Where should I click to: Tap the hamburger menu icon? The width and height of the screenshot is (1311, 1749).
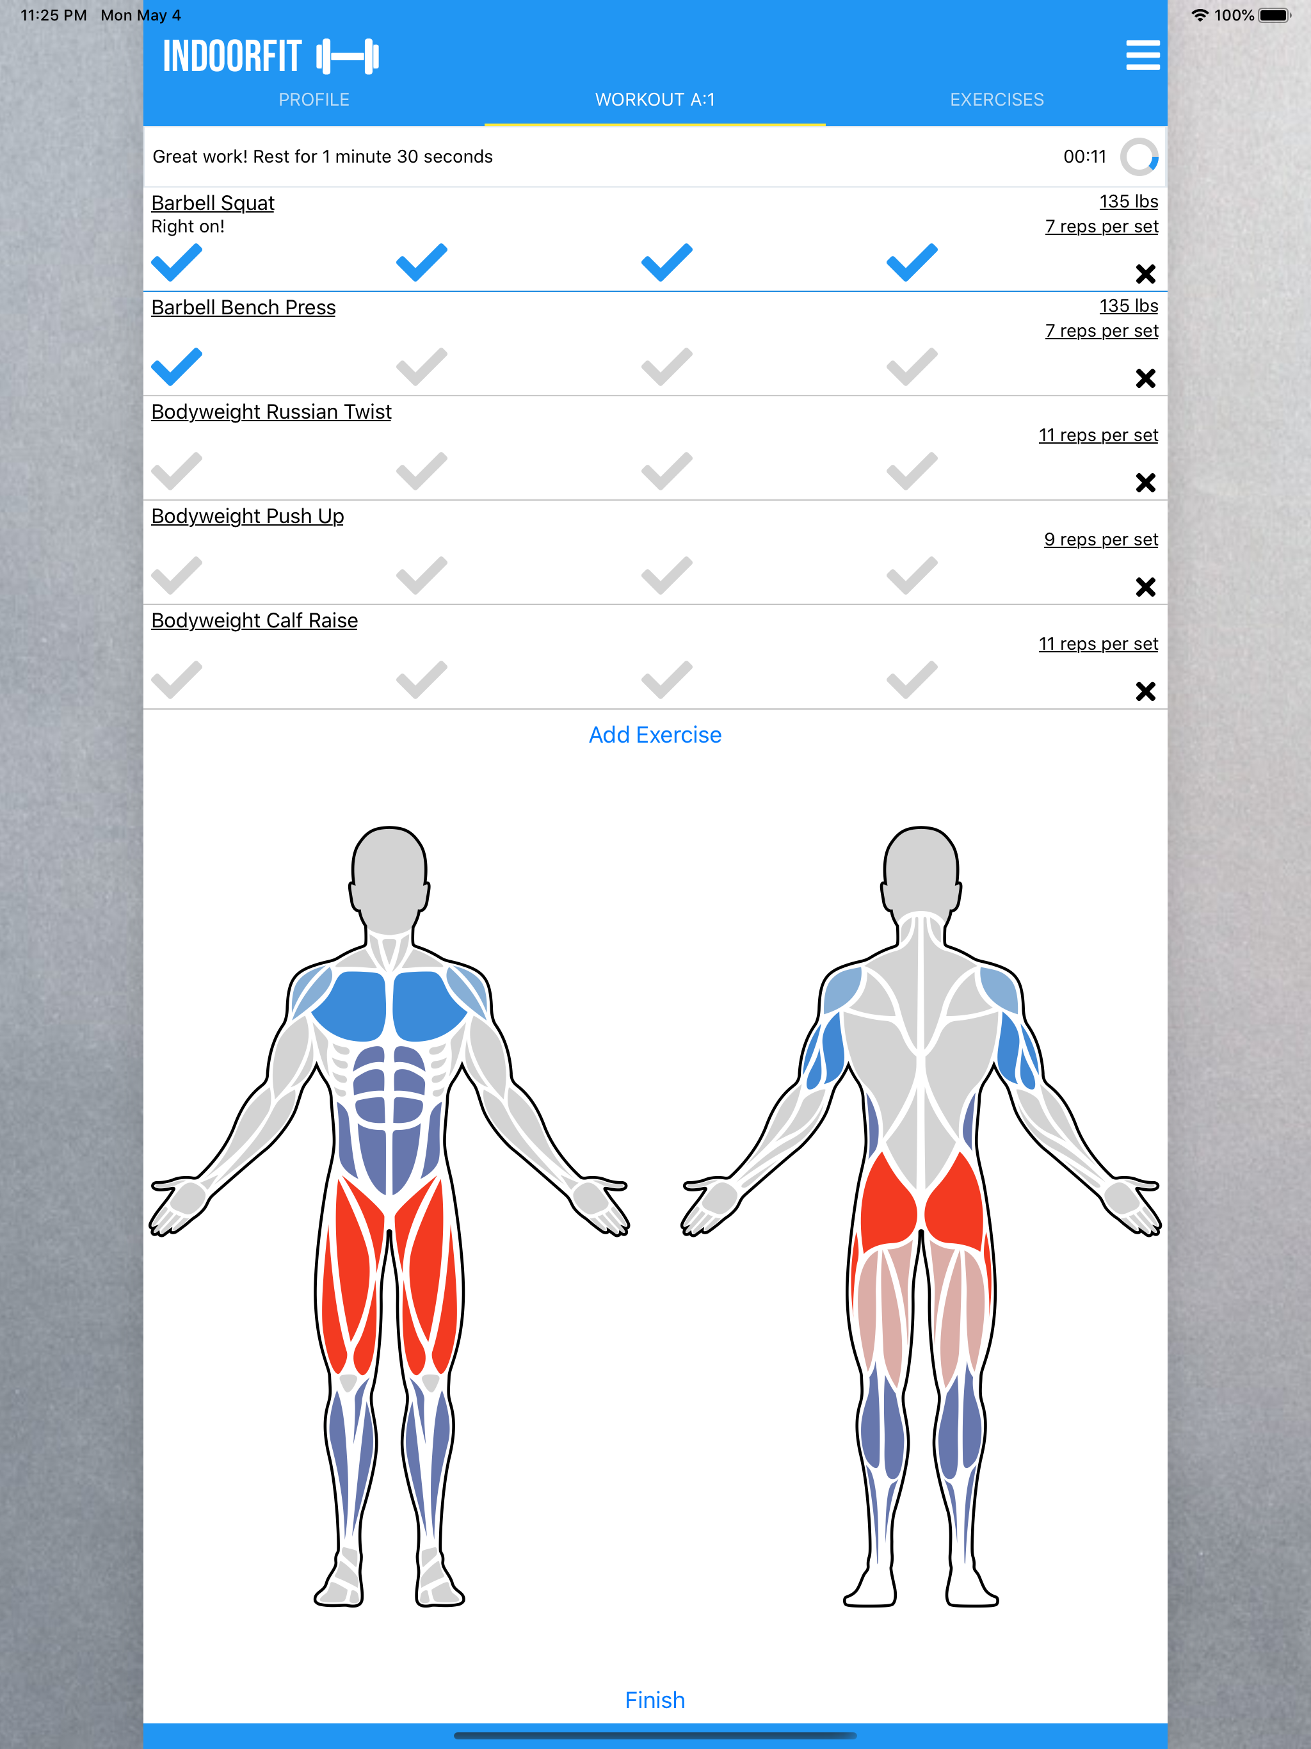coord(1143,55)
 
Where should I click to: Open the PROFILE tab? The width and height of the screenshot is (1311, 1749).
coord(314,100)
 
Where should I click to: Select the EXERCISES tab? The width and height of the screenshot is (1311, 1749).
coord(996,100)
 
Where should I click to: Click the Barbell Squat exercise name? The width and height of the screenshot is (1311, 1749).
coord(213,203)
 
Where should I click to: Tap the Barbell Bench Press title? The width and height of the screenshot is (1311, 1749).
coord(243,307)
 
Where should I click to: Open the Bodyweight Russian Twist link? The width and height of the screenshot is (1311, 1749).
coord(271,412)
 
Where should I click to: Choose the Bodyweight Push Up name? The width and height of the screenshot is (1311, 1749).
coord(248,517)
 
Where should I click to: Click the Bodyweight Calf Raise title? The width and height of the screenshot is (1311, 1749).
coord(255,621)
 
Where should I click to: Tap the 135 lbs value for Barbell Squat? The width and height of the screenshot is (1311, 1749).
coord(1129,202)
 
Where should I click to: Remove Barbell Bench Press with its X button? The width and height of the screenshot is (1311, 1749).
coord(1145,379)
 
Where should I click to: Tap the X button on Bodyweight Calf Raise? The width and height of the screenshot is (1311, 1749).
coord(1145,692)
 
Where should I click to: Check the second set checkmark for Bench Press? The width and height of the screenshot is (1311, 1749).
coord(421,367)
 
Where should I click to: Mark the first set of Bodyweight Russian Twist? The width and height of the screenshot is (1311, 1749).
coord(176,471)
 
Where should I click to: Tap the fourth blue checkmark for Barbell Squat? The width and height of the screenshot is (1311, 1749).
coord(912,262)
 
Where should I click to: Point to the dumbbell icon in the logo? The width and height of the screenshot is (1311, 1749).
coord(347,57)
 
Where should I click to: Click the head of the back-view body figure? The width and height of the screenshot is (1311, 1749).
coord(921,870)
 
